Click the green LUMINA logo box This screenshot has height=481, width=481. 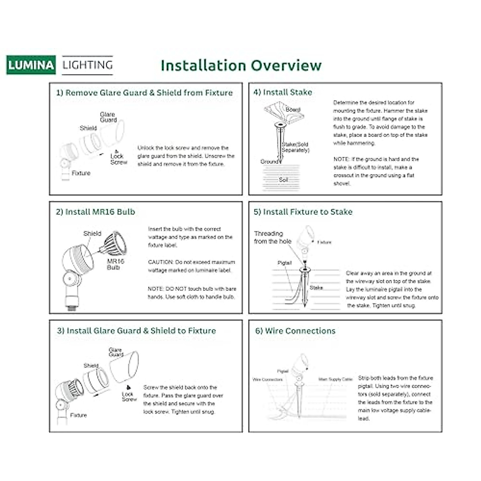click(31, 65)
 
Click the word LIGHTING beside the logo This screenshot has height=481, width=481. click(87, 65)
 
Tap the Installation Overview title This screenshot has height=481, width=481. click(241, 65)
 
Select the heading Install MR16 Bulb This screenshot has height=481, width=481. click(95, 212)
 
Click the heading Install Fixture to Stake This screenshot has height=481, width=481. click(303, 212)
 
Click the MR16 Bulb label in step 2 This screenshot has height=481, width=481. click(115, 264)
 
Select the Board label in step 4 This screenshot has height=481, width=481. click(293, 109)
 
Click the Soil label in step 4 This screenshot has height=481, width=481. click(283, 180)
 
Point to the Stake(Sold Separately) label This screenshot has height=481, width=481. click(295, 147)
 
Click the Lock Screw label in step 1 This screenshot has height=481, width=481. click(119, 159)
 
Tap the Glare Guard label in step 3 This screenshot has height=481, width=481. click(116, 352)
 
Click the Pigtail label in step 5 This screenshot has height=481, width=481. click(285, 263)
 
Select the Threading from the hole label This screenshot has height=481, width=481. click(273, 237)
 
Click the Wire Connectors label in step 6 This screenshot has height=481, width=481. click(267, 379)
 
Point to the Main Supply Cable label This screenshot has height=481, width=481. click(335, 379)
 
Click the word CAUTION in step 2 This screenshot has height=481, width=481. click(160, 262)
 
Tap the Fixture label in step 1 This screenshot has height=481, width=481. click(81, 173)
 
